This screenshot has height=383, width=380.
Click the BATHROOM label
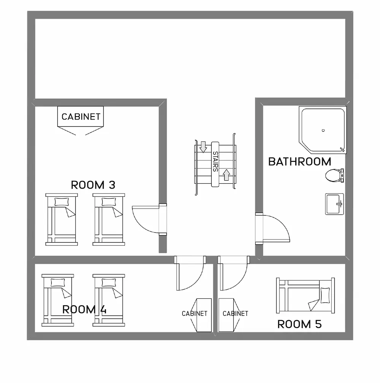click(x=299, y=162)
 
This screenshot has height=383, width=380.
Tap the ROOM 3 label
click(x=93, y=185)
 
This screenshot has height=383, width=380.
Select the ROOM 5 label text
click(x=299, y=324)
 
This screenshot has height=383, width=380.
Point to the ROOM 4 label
click(x=84, y=309)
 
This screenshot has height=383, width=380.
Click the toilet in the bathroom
click(x=334, y=175)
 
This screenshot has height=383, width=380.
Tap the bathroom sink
click(x=334, y=204)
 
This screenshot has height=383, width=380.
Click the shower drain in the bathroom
click(x=323, y=131)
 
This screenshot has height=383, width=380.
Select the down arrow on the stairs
click(x=203, y=147)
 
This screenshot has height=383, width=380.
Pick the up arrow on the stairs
click(x=226, y=175)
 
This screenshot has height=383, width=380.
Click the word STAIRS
click(x=215, y=162)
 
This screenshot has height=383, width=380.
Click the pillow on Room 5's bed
click(x=325, y=296)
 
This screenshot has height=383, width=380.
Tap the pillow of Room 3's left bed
click(x=62, y=202)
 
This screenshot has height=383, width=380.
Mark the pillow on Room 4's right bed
click(x=109, y=282)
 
